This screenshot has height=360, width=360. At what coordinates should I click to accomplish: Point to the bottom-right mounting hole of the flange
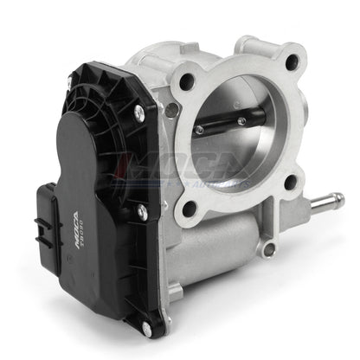pos(290,181)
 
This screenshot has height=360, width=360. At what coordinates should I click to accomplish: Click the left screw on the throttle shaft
pos(199,130)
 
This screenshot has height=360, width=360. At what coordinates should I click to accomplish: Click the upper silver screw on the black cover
pos(138,111)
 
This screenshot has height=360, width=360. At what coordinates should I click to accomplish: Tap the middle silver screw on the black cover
pos(142,209)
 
